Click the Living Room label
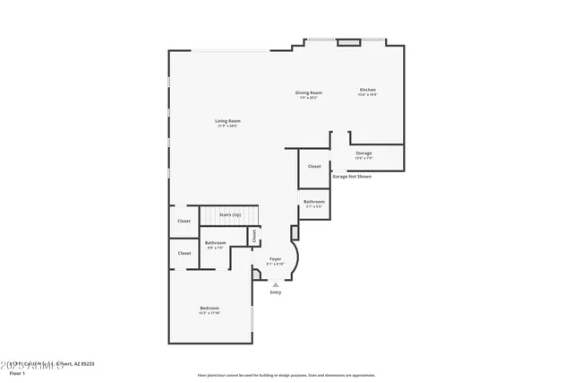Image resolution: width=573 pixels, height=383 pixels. coord(227,121)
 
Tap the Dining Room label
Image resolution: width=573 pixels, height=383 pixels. coord(309,92)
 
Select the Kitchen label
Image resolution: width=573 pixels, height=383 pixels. coord(368,90)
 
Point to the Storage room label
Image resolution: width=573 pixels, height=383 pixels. coord(363,153)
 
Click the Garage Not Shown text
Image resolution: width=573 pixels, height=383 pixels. coord(352,176)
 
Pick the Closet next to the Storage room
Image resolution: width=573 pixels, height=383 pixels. coord(314,166)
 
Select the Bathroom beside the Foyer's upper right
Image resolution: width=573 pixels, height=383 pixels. coord(313,202)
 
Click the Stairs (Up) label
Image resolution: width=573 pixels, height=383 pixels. coord(229,215)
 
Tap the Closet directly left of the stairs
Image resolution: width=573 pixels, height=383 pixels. coord(184,221)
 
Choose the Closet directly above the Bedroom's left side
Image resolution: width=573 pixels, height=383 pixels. coord(184,253)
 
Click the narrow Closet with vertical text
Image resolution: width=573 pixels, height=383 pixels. coord(254,236)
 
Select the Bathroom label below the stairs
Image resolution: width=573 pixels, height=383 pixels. coord(215,243)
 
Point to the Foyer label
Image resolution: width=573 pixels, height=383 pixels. coord(275,259)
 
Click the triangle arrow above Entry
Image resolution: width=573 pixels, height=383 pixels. coord(276,285)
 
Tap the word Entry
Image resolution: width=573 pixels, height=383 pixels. coord(276,292)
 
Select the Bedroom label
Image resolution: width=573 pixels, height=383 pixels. coord(209,309)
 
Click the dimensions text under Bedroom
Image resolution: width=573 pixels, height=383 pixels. coord(209,313)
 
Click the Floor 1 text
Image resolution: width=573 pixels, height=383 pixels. coord(18,373)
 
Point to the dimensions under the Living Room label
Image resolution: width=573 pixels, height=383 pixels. coord(227,126)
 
